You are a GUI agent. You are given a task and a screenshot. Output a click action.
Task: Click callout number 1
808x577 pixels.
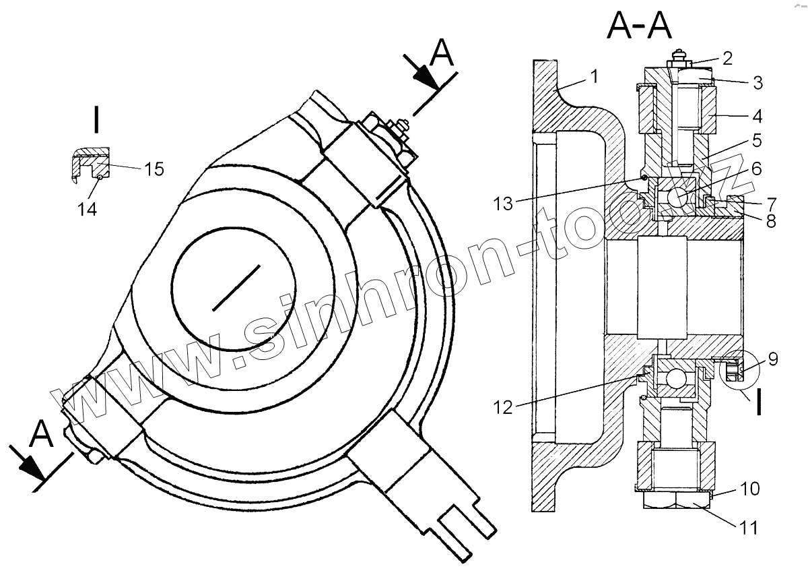[594, 76]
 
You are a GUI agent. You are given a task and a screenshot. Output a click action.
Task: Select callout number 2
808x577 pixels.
[726, 58]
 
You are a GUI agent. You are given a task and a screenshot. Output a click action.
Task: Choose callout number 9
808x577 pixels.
[773, 359]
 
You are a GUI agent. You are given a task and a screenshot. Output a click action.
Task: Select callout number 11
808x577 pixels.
[748, 528]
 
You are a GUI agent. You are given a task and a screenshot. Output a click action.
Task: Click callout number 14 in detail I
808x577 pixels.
[87, 210]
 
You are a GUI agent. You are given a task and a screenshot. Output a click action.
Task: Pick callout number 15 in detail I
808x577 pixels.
[154, 168]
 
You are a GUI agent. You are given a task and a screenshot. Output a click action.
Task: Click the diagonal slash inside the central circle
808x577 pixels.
[236, 288]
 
